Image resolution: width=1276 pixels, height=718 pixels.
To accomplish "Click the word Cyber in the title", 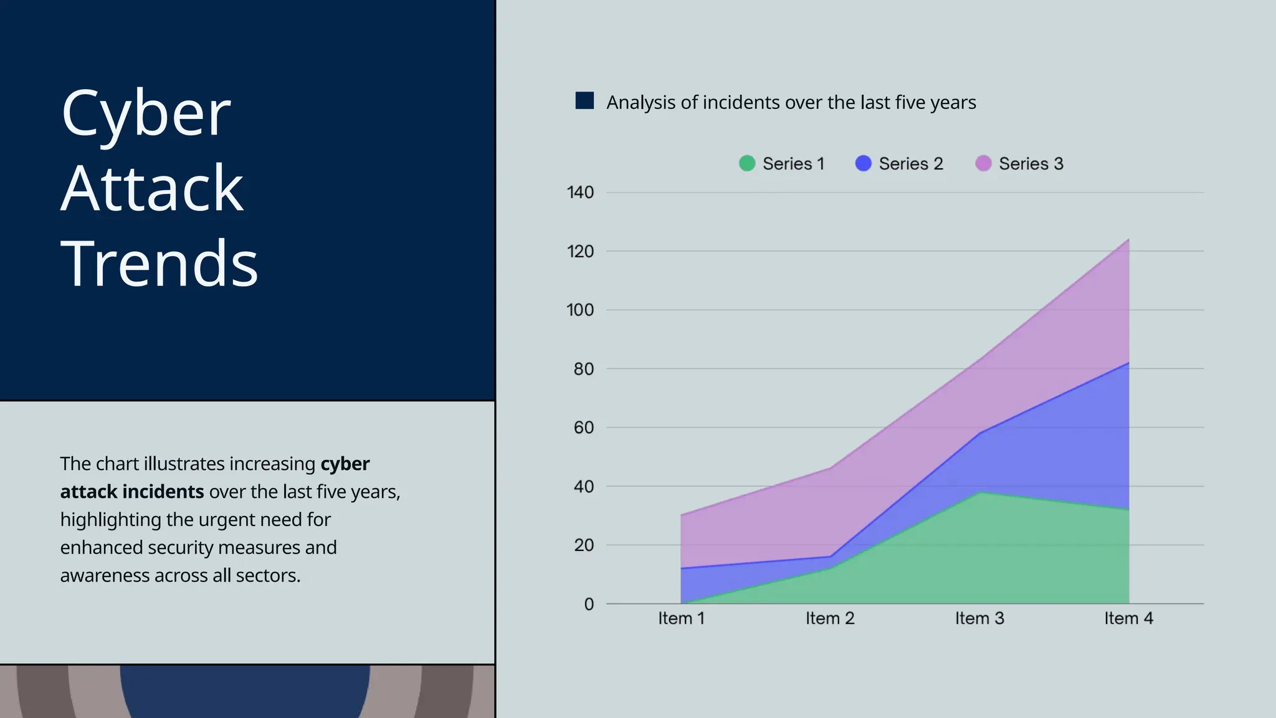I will [146, 113].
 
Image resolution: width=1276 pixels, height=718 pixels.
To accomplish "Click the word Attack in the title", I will [152, 188].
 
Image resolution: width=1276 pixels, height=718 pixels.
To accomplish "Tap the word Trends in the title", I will [159, 264].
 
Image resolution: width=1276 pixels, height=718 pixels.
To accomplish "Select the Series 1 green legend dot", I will [746, 163].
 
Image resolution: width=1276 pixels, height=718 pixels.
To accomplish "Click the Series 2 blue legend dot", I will [863, 163].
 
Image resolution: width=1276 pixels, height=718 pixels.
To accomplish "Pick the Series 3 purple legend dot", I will [983, 163].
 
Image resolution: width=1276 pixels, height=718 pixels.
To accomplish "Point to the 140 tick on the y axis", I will [580, 193].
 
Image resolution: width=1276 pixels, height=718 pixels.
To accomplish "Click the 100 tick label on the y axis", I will [580, 310].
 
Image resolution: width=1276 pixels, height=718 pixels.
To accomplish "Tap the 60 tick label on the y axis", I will [584, 428].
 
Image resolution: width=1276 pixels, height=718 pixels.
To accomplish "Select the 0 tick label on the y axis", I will [589, 604].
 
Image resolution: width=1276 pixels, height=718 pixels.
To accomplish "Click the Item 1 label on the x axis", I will [681, 618].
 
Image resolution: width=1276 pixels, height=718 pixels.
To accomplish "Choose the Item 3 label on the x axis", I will [979, 618].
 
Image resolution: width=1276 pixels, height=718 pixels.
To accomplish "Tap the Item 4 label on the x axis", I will [1128, 618].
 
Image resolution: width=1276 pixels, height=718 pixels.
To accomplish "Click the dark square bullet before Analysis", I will [584, 101].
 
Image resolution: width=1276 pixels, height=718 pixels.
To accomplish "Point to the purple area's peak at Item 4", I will [1128, 239].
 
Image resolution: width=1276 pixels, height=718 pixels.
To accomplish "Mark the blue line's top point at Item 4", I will [1128, 363].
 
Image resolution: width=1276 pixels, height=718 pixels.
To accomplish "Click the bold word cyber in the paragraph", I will [345, 464].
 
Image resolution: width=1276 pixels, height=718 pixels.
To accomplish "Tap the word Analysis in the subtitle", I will [641, 102].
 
